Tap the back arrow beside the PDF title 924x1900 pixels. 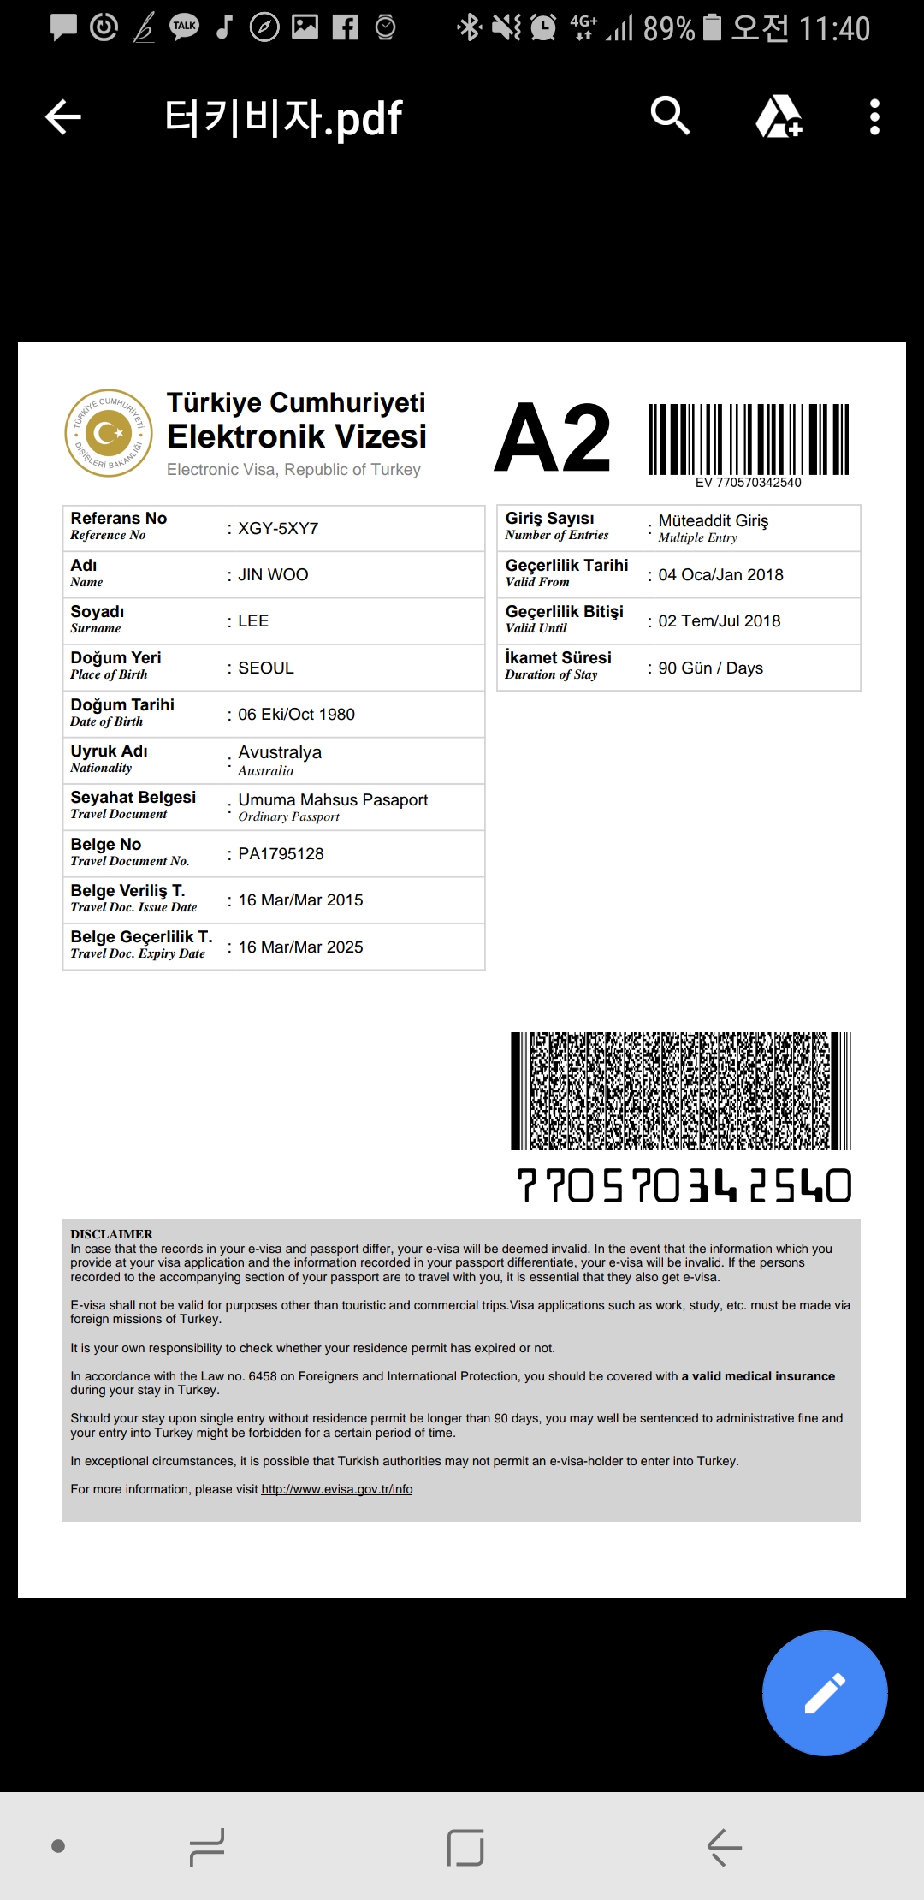pyautogui.click(x=63, y=117)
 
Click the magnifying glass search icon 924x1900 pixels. pyautogui.click(x=670, y=116)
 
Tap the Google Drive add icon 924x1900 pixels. pyautogui.click(x=779, y=116)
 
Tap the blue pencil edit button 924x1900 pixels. pyautogui.click(x=824, y=1693)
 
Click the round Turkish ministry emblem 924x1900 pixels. pyautogui.click(x=109, y=433)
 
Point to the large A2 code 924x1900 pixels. pyautogui.click(x=553, y=438)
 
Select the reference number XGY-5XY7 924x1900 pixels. pyautogui.click(x=278, y=529)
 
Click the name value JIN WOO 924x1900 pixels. pyautogui.click(x=273, y=575)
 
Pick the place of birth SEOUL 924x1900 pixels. pyautogui.click(x=265, y=668)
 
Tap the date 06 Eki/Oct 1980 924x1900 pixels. pyautogui.click(x=296, y=715)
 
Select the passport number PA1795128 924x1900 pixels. pyautogui.click(x=281, y=854)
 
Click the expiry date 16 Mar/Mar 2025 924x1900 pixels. pyautogui.click(x=300, y=947)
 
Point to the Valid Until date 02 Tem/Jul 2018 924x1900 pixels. pyautogui.click(x=719, y=621)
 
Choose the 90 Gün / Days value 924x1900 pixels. pyautogui.click(x=710, y=668)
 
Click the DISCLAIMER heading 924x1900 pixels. pyautogui.click(x=111, y=1234)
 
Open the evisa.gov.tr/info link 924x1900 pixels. pyautogui.click(x=336, y=1489)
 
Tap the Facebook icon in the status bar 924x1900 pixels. pyautogui.click(x=345, y=28)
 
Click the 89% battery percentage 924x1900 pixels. pyautogui.click(x=668, y=29)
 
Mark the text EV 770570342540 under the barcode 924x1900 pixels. pyautogui.click(x=748, y=483)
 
